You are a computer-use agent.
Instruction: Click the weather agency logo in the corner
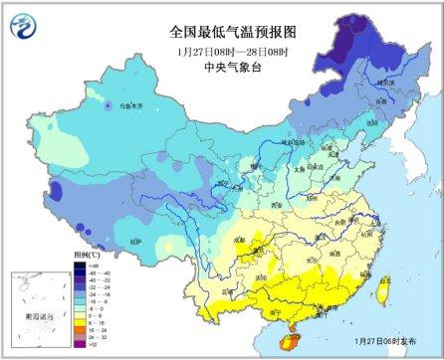pos(23,23)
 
